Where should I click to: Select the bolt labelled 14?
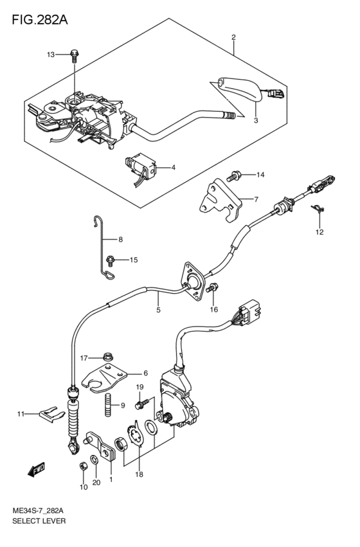[236, 174]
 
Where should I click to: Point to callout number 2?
[233, 37]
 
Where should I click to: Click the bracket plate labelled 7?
[217, 199]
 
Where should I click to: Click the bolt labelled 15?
[111, 260]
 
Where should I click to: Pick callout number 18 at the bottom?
[139, 474]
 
